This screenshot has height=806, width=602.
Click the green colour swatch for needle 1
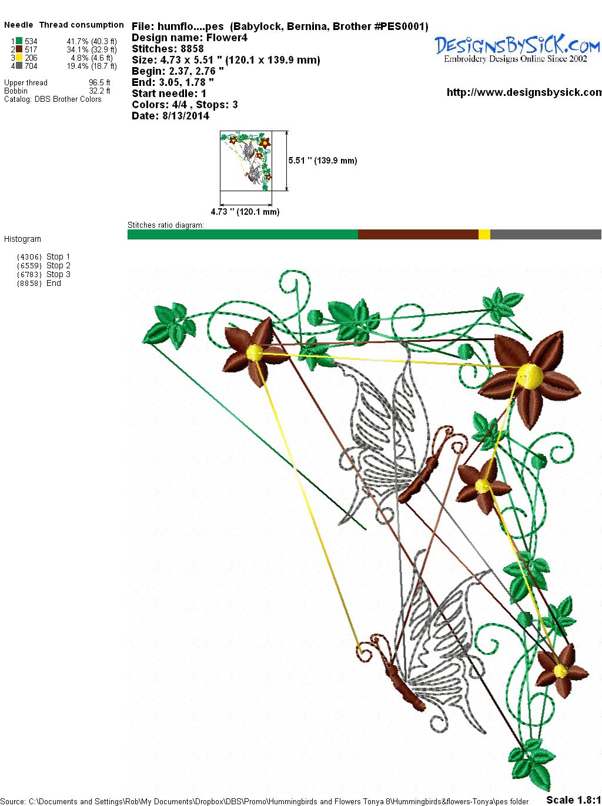tap(19, 41)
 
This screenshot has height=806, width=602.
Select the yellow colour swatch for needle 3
tap(19, 58)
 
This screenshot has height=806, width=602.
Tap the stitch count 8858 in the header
tap(192, 49)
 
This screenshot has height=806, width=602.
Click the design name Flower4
tap(227, 38)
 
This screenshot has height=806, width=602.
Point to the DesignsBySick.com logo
tap(517, 48)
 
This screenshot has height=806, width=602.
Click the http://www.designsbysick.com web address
tap(524, 92)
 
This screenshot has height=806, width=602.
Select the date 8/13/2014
tap(186, 116)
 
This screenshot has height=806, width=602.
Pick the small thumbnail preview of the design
tap(246, 161)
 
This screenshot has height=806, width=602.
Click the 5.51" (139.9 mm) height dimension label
tap(323, 161)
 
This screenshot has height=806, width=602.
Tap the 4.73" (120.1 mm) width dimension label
tap(245, 212)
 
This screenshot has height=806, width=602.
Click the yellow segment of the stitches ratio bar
tap(484, 234)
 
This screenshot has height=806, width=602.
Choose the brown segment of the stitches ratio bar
tap(418, 234)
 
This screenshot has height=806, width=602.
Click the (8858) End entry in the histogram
tap(39, 283)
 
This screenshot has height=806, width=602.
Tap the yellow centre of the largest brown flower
tap(529, 376)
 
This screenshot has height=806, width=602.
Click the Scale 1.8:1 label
tap(574, 800)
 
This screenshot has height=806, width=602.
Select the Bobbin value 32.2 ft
tap(99, 91)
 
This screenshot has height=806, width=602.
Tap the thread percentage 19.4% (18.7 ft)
tap(92, 66)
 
